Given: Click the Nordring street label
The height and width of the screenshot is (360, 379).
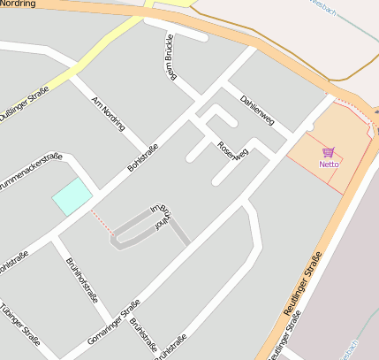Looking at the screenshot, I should tap(18, 4).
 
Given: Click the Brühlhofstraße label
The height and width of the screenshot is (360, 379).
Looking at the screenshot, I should tap(82, 280).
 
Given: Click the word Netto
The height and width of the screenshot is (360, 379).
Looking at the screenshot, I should tap(329, 164).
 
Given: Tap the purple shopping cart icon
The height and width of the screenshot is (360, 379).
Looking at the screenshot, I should tap(329, 152).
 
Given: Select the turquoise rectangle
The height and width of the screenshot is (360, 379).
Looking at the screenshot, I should tap(72, 195).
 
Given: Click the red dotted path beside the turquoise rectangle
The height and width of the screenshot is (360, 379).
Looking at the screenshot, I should tap(101, 219).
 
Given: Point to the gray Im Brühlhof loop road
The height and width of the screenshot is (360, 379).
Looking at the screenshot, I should tap(133, 225).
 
